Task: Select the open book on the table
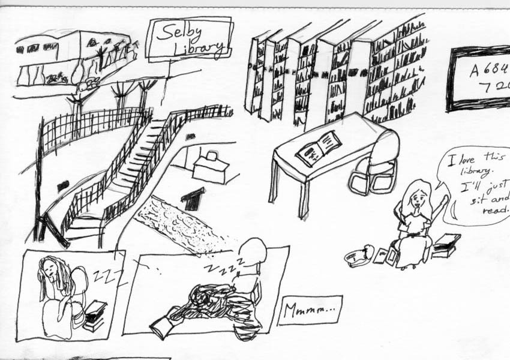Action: tap(319, 148)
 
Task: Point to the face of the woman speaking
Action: tap(418, 197)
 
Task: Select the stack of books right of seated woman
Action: tap(445, 245)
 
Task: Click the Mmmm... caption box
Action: tap(310, 310)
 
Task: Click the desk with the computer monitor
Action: tap(209, 167)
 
